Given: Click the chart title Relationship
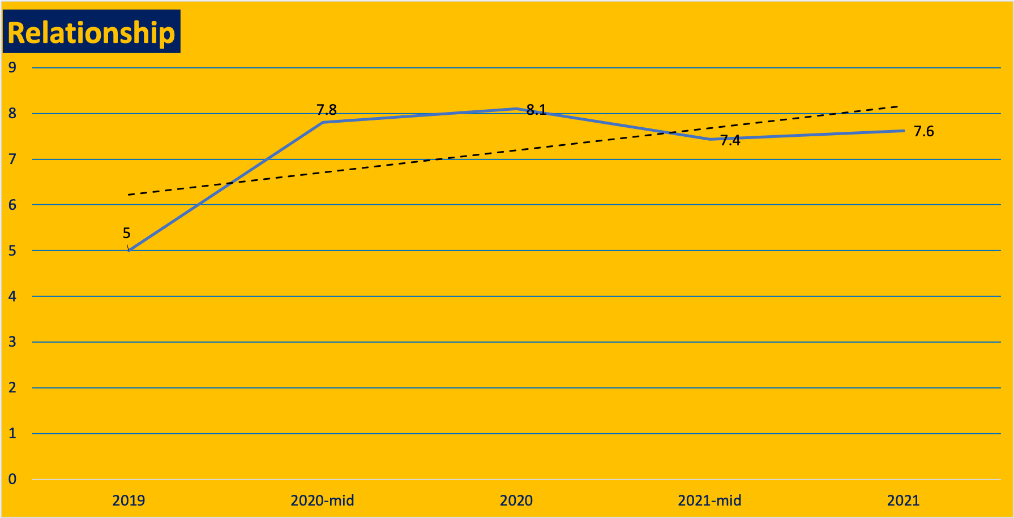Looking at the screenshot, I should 91,32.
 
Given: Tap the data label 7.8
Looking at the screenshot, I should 326,110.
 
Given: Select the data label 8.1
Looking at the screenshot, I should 536,110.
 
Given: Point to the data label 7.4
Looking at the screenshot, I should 730,141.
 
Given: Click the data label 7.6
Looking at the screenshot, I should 923,132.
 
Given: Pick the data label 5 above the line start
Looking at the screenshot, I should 126,233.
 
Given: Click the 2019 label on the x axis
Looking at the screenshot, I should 129,500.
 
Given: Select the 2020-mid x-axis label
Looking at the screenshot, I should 322,500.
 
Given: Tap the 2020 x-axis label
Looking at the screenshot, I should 516,500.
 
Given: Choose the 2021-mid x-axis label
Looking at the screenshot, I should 709,500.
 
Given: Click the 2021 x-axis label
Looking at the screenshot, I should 903,500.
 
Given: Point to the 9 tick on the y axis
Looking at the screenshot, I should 12,68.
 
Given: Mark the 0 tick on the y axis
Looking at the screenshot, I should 12,480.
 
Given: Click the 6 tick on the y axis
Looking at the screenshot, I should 12,205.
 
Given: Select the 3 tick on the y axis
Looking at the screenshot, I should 12,342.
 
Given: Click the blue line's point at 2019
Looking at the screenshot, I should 129,251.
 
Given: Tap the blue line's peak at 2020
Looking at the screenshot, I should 516,109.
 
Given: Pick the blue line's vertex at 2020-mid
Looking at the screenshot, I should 323,122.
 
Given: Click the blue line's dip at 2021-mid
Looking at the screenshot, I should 710,139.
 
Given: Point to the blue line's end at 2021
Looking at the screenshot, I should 903,131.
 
